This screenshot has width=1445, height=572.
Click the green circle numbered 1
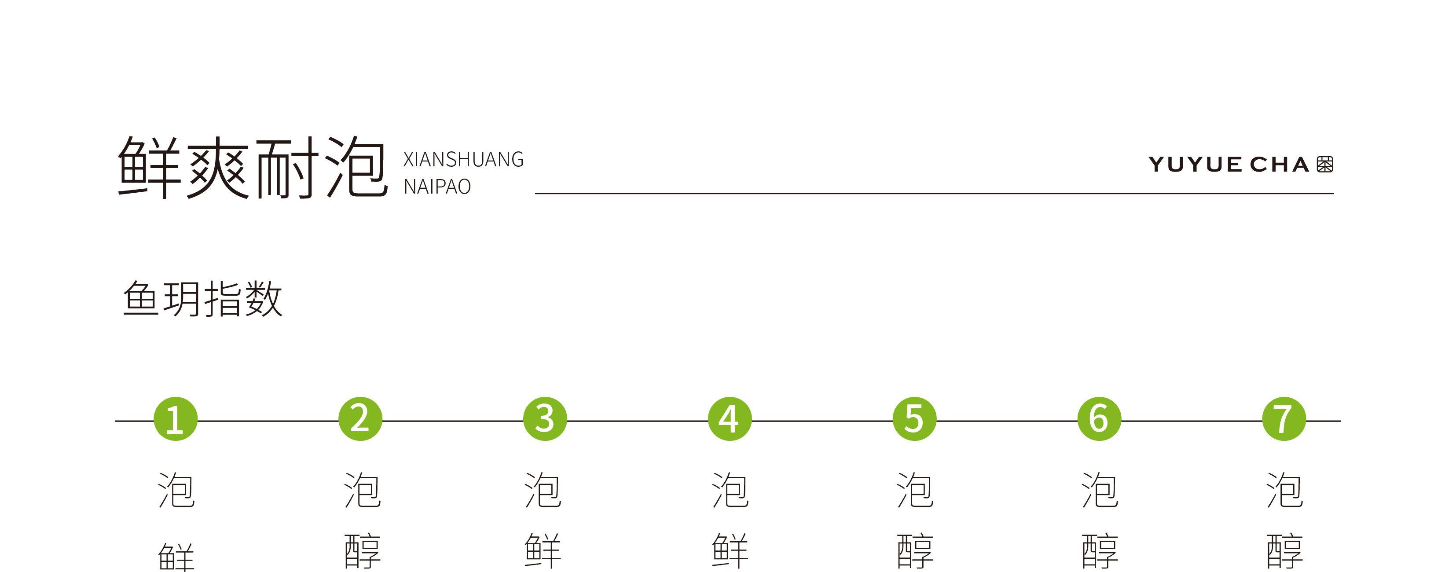pos(176,419)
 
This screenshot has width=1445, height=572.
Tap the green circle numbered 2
pos(360,419)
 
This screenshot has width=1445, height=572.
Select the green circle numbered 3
pos(545,419)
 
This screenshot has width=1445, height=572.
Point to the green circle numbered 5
pos(914,419)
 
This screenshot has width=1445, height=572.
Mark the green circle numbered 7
pos(1284,419)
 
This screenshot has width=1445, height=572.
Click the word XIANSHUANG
pos(463,160)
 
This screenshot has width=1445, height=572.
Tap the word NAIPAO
pos(437,187)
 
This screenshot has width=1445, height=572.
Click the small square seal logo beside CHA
pos(1325,164)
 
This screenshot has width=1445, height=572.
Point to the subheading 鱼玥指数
pos(202,299)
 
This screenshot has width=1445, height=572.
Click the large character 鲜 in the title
pos(150,167)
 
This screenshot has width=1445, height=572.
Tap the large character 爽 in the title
pos(218,167)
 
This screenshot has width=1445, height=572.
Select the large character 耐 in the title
pos(286,167)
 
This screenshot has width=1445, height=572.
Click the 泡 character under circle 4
pos(730,490)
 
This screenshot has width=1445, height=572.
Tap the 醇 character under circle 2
pos(363,551)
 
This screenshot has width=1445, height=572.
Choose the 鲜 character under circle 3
pos(543,551)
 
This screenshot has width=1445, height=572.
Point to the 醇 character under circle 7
pos(1284,551)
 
